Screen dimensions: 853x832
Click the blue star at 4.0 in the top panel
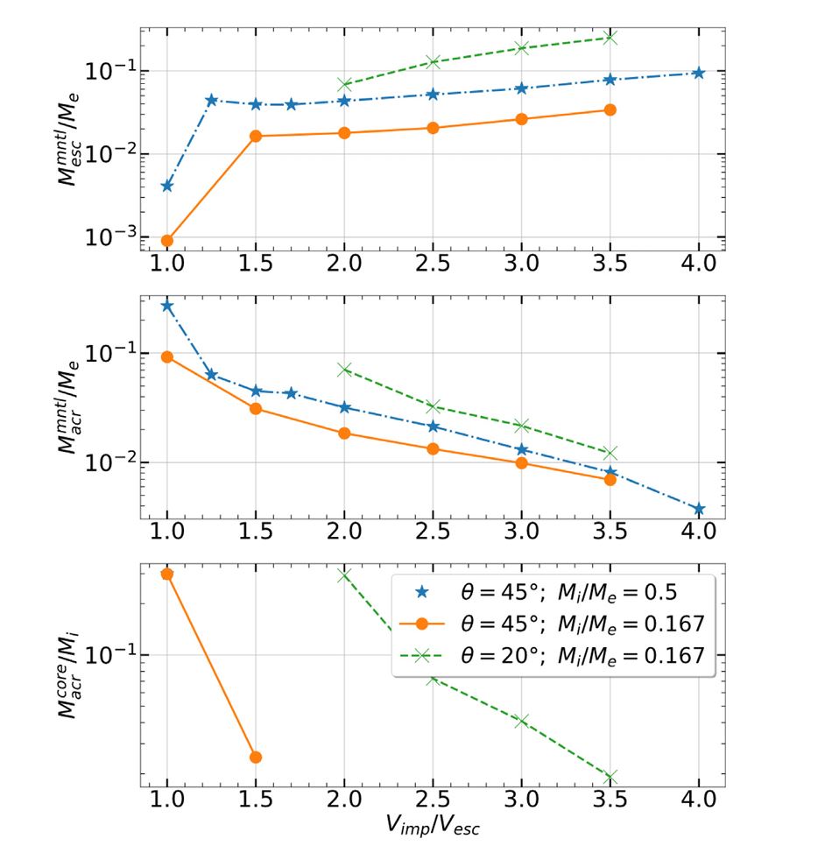click(x=698, y=73)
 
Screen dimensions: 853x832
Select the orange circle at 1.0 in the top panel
click(x=167, y=241)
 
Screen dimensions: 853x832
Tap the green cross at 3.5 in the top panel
click(x=610, y=38)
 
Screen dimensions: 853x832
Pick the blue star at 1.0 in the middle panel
click(x=167, y=306)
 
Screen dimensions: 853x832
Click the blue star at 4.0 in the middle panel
click(x=698, y=509)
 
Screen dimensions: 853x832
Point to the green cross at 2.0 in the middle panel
click(x=344, y=370)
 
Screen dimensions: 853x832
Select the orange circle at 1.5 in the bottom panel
click(x=256, y=757)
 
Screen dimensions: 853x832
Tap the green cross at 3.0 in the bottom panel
click(x=522, y=721)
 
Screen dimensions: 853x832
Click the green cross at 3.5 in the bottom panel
click(x=610, y=777)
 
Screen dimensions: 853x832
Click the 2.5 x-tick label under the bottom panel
click(x=433, y=800)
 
